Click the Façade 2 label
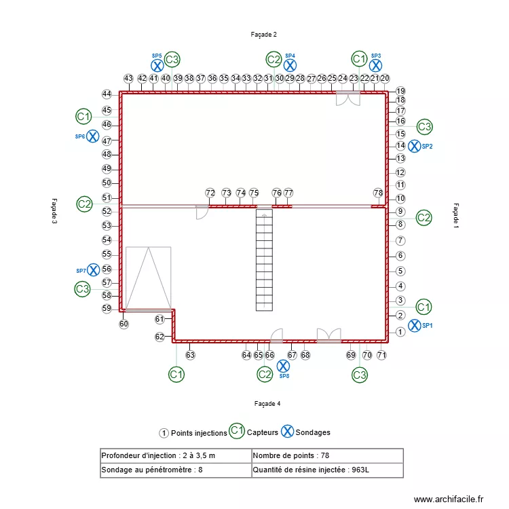(264, 34)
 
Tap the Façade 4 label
(267, 403)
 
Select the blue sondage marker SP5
(157, 66)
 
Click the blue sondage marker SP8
(284, 366)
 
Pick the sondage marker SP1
(414, 326)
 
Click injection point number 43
(128, 79)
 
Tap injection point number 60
(124, 324)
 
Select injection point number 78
(378, 193)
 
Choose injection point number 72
(210, 193)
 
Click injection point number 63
(191, 355)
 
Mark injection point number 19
(400, 91)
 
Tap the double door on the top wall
(349, 98)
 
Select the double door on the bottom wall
(328, 335)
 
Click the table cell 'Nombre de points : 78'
(326, 455)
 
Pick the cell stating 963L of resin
(326, 470)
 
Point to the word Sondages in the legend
(313, 432)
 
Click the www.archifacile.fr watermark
(449, 499)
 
